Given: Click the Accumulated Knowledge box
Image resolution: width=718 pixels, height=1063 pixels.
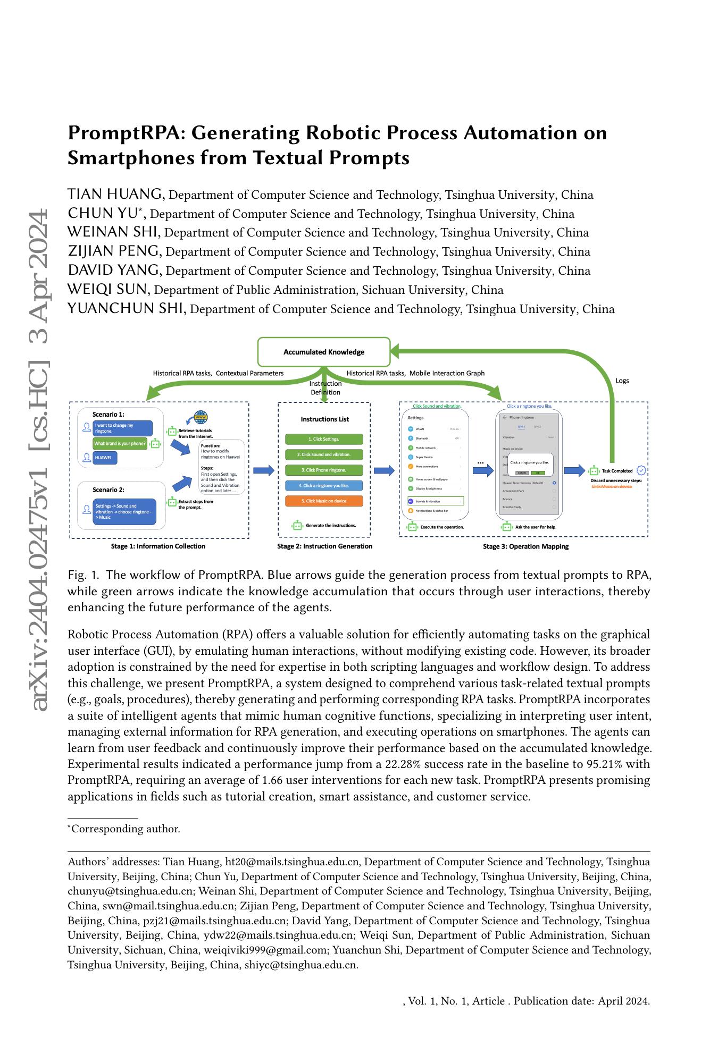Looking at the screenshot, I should point(323,352).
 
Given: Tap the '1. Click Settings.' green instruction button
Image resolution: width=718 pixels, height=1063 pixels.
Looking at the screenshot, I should point(324,439).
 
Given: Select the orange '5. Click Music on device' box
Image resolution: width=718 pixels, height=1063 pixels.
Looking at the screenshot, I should point(324,501).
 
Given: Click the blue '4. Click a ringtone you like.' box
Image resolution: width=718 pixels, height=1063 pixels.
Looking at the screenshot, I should point(324,485).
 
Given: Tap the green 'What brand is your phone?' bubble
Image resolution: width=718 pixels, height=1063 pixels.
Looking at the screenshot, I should point(120,443).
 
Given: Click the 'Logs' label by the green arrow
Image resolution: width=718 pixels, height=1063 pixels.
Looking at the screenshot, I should point(622,381).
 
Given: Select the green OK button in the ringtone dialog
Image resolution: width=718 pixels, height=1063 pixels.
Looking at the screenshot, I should point(538,473).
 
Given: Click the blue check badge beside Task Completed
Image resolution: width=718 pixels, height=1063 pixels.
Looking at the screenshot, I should point(641,470).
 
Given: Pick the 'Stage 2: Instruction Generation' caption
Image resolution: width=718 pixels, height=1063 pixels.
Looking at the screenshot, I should point(324,546).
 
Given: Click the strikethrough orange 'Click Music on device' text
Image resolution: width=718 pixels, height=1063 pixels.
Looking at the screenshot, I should point(612,486).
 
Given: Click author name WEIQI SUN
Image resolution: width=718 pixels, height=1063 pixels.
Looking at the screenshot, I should point(108,290).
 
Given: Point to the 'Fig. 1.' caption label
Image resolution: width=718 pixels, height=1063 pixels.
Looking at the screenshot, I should point(84,575).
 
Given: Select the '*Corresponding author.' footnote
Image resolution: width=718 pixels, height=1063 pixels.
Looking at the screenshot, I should point(124,829).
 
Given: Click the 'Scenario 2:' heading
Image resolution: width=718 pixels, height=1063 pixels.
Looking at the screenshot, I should point(108,490).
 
